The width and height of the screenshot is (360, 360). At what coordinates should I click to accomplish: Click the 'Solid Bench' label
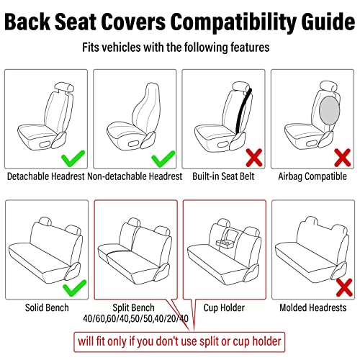46,307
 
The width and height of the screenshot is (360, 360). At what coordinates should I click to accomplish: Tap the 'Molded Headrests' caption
314,307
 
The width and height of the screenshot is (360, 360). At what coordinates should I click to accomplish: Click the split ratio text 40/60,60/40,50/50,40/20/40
135,318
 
